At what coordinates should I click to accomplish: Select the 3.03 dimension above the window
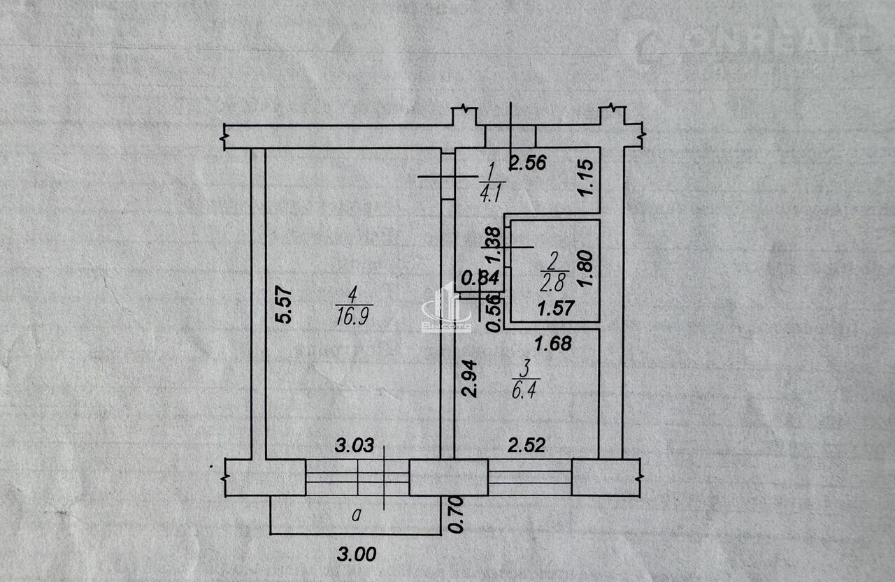355,445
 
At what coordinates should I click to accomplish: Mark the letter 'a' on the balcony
357,516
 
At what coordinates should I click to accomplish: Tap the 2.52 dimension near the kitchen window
526,445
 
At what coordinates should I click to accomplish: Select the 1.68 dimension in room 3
553,343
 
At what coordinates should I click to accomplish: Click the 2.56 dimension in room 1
527,164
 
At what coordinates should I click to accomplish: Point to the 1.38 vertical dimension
492,246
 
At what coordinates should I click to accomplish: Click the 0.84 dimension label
480,277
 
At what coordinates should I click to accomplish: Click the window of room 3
530,477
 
